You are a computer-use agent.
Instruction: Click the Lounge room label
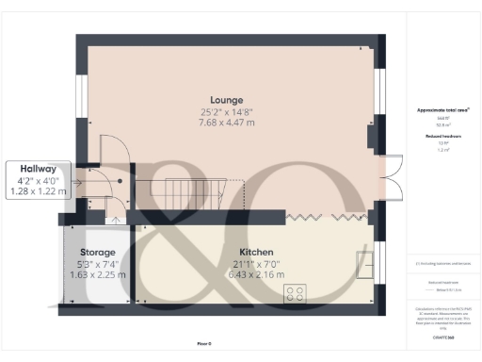(x=226, y=99)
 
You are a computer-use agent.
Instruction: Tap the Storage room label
(x=97, y=252)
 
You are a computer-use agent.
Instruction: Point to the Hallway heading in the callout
(x=38, y=169)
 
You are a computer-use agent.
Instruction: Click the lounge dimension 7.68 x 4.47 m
(x=226, y=122)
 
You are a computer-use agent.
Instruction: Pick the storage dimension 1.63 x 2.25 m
(x=97, y=274)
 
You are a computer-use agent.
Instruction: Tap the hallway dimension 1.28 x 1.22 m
(x=38, y=191)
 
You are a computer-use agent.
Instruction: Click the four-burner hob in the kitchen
(x=295, y=293)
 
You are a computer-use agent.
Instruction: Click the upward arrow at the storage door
(x=115, y=221)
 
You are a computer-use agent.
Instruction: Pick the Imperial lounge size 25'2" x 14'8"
(x=226, y=110)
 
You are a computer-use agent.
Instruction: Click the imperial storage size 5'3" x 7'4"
(x=97, y=263)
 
